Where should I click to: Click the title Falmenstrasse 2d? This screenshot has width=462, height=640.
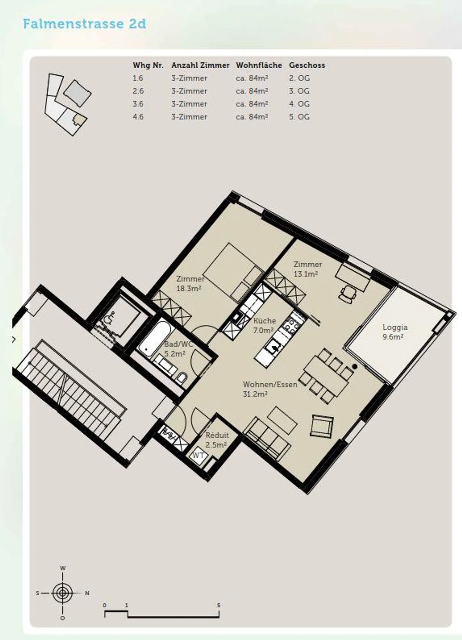(84, 24)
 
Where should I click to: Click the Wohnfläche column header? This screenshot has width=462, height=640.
(259, 65)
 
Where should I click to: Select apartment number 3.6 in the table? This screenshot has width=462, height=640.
(138, 104)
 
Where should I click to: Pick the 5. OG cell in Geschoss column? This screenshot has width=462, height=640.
(299, 117)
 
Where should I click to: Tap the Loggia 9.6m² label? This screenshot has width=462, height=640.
(395, 332)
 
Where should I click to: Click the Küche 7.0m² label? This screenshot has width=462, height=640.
(264, 325)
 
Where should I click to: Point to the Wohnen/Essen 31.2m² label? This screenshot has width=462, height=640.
(270, 389)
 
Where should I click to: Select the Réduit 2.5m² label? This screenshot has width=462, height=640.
(217, 440)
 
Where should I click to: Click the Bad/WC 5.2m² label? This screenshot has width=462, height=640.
(178, 349)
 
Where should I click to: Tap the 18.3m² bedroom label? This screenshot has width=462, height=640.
(190, 284)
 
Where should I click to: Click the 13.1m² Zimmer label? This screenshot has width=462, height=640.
(307, 269)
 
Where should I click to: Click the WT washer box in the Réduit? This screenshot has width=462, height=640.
(198, 456)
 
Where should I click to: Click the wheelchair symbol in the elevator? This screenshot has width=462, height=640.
(108, 320)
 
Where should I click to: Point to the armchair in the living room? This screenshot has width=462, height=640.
(321, 426)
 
